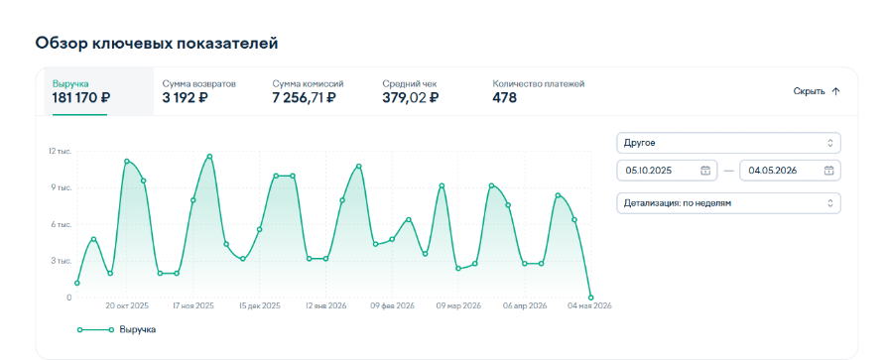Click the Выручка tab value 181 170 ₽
point(81,97)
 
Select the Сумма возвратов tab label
point(198,84)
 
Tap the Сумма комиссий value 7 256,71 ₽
point(305,97)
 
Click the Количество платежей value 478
point(505,97)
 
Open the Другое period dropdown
point(728,143)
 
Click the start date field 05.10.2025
point(667,171)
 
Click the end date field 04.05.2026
point(790,171)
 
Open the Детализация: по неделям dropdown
point(728,203)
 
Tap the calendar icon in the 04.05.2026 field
point(828,171)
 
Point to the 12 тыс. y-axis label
point(60,151)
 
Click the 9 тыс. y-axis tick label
point(62,187)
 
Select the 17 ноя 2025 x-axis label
point(193,305)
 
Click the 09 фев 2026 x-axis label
point(392,305)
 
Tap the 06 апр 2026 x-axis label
point(525,305)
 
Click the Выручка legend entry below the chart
point(116,329)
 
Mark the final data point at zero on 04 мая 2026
point(591,298)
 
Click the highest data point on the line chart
point(209,157)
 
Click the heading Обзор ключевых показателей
point(157,44)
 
